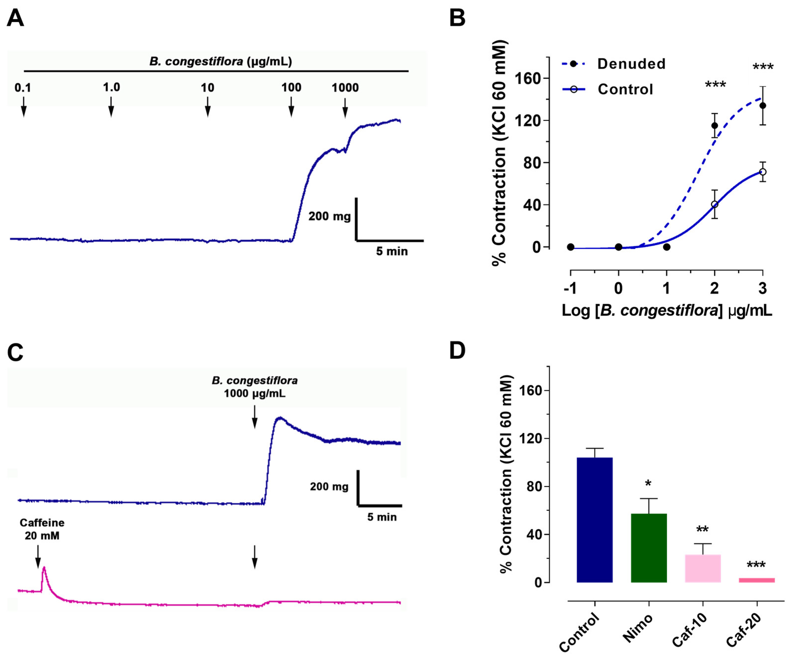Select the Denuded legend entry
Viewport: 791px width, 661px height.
(x=631, y=64)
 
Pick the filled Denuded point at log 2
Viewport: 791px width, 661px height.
(x=714, y=125)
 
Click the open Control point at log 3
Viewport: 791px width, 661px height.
(x=763, y=172)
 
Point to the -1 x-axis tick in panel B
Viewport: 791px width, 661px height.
(x=570, y=288)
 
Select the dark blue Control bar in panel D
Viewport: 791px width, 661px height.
(x=594, y=519)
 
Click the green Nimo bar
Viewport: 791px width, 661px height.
(x=649, y=548)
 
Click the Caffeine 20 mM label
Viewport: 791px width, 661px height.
(x=42, y=529)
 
